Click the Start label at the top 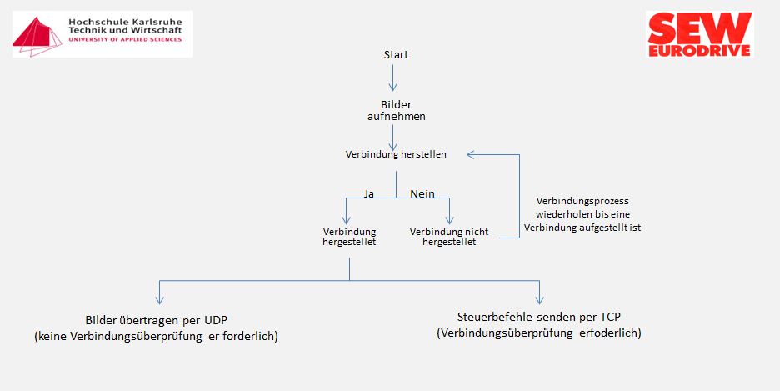click(396, 55)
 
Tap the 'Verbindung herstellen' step click(396, 154)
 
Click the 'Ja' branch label click(369, 193)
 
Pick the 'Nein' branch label click(422, 193)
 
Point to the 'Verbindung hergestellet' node click(349, 237)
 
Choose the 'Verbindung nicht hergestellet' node click(449, 237)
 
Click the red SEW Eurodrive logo click(700, 34)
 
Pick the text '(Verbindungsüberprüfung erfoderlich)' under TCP click(538, 333)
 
